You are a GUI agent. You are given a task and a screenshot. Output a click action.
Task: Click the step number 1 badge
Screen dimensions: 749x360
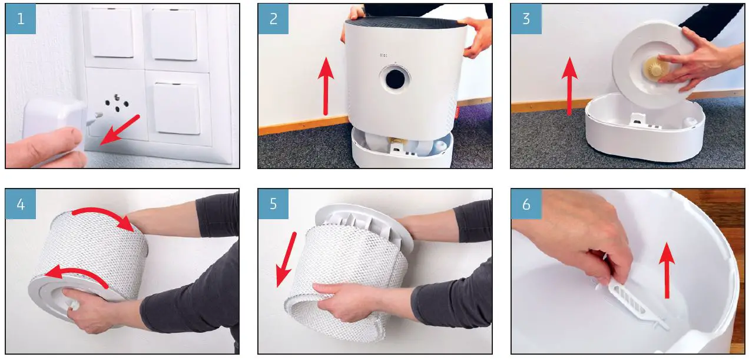(x=21, y=19)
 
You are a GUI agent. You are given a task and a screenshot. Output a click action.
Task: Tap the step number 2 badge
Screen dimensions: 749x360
(x=273, y=19)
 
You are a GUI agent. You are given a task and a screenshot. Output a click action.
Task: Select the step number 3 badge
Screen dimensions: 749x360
(x=526, y=19)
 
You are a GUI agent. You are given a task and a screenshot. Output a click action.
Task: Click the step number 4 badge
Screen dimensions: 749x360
(x=21, y=204)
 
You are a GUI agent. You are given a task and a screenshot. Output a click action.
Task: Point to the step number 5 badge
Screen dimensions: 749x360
(x=273, y=204)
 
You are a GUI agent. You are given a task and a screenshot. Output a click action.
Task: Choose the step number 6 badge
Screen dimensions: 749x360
(x=526, y=204)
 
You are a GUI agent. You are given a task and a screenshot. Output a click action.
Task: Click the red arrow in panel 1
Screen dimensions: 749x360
(x=120, y=130)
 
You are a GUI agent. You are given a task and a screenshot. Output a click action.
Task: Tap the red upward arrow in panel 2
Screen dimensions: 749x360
(x=326, y=86)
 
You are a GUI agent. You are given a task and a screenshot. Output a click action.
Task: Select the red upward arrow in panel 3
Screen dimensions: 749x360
(x=569, y=86)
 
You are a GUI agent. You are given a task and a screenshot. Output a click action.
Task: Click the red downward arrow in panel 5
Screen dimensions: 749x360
(x=286, y=259)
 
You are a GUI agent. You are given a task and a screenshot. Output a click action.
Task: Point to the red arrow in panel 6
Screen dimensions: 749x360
(x=667, y=270)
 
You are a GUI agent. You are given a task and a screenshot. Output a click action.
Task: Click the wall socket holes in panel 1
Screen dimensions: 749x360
(x=117, y=103)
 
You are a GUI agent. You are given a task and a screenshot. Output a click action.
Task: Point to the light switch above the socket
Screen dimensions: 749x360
(x=111, y=33)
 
